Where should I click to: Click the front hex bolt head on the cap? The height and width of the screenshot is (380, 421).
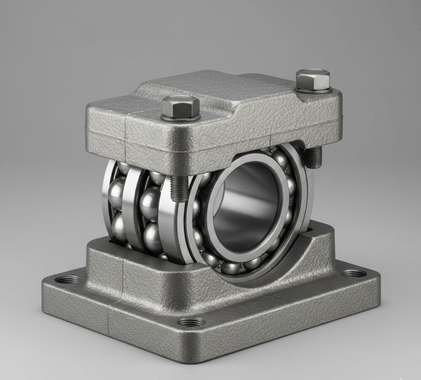[181, 106]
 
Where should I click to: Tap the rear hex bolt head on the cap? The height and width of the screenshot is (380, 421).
[313, 79]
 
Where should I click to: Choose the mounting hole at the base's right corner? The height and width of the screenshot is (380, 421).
[353, 272]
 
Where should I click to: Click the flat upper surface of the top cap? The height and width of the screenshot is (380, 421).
[243, 101]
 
